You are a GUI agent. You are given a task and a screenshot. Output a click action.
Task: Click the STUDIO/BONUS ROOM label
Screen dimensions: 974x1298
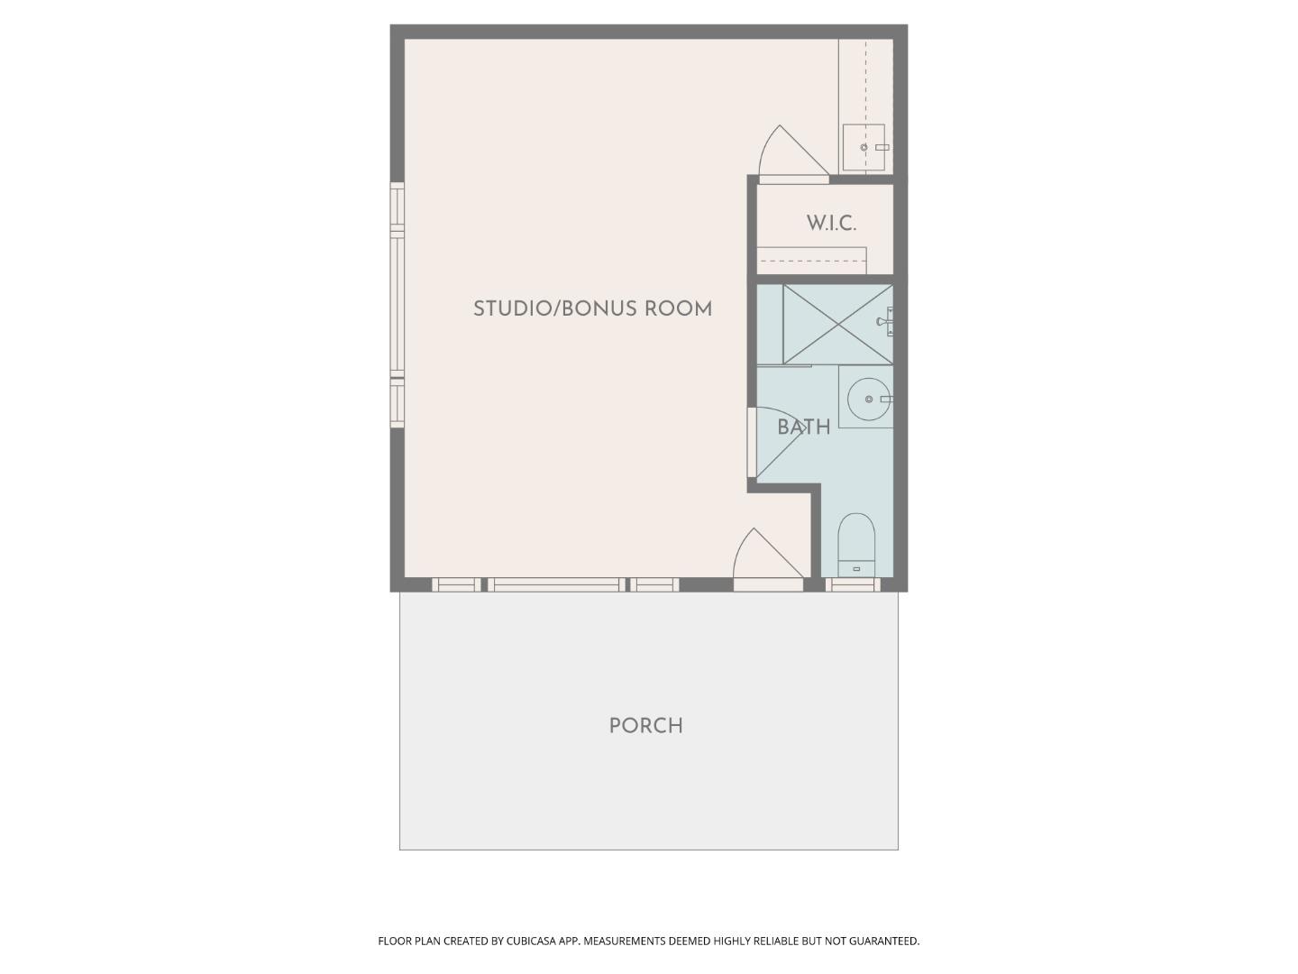592,309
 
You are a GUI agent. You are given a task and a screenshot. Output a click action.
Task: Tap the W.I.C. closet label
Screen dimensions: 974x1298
831,224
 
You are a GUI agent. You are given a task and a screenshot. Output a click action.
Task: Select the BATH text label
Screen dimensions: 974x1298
803,427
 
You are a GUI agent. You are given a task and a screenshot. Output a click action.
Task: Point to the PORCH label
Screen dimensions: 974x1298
645,726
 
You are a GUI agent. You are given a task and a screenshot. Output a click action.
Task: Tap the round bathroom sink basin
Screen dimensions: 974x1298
868,399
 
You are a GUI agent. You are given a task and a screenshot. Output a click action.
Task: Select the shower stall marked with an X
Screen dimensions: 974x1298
837,324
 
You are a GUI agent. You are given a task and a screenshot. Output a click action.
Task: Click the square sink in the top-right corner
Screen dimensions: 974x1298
864,147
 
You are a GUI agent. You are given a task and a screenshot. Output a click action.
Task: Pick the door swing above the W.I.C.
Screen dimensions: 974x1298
791,155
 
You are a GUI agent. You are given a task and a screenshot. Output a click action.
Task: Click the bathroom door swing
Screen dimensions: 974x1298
775,442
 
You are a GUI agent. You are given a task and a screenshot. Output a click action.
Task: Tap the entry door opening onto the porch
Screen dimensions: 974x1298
766,561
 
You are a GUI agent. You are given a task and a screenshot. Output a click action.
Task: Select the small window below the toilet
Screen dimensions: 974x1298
853,585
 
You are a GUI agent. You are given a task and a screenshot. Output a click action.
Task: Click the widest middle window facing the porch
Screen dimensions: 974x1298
556,585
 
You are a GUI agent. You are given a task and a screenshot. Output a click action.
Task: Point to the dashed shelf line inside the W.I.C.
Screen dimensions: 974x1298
811,262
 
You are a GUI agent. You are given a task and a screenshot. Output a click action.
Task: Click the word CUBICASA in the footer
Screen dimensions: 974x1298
531,941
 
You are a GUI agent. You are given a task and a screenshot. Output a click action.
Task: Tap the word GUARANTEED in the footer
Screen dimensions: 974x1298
884,941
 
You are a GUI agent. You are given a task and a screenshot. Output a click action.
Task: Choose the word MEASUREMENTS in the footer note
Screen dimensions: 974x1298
624,941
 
